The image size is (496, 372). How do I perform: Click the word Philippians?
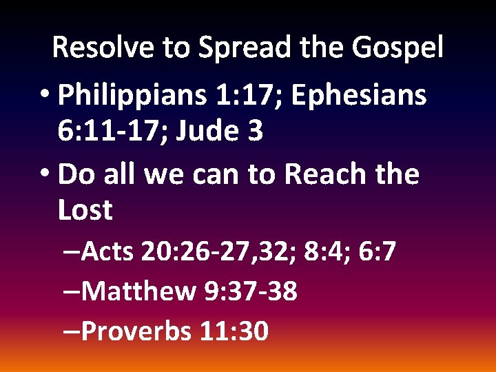[132, 96]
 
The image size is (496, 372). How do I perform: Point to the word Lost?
[85, 210]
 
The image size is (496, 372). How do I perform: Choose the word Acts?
[107, 252]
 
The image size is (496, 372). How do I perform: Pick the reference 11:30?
[234, 331]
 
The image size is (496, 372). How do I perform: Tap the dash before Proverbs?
[70, 331]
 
